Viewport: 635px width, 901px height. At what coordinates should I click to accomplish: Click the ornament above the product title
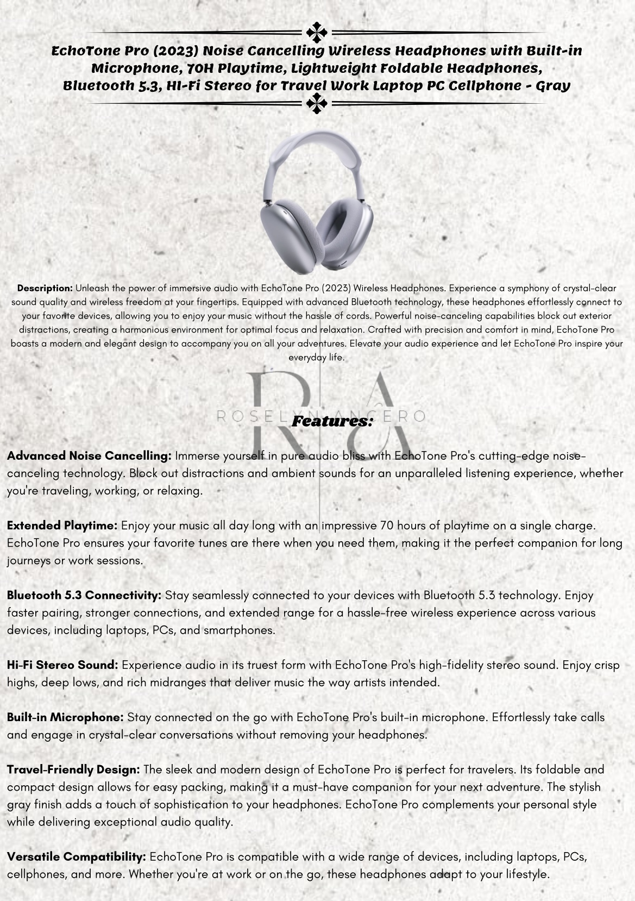point(317,33)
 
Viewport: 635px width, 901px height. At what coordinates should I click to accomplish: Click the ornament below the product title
point(317,103)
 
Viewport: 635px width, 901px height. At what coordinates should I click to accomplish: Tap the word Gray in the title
point(552,86)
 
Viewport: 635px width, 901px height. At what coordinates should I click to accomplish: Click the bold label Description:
point(45,288)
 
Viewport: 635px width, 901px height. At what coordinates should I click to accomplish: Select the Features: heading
point(332,421)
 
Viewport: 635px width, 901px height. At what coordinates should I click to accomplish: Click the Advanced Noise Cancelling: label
point(89,456)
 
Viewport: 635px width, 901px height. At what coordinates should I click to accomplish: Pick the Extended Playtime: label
point(62,525)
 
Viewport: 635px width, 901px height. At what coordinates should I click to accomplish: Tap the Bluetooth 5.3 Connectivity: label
point(84,596)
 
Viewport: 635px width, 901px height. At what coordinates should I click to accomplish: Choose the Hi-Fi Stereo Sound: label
point(62,665)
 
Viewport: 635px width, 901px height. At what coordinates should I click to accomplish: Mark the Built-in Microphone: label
point(65,717)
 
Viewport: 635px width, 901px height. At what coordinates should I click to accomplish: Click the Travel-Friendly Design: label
point(74,769)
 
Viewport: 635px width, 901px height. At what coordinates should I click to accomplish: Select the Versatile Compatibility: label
point(77,857)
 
